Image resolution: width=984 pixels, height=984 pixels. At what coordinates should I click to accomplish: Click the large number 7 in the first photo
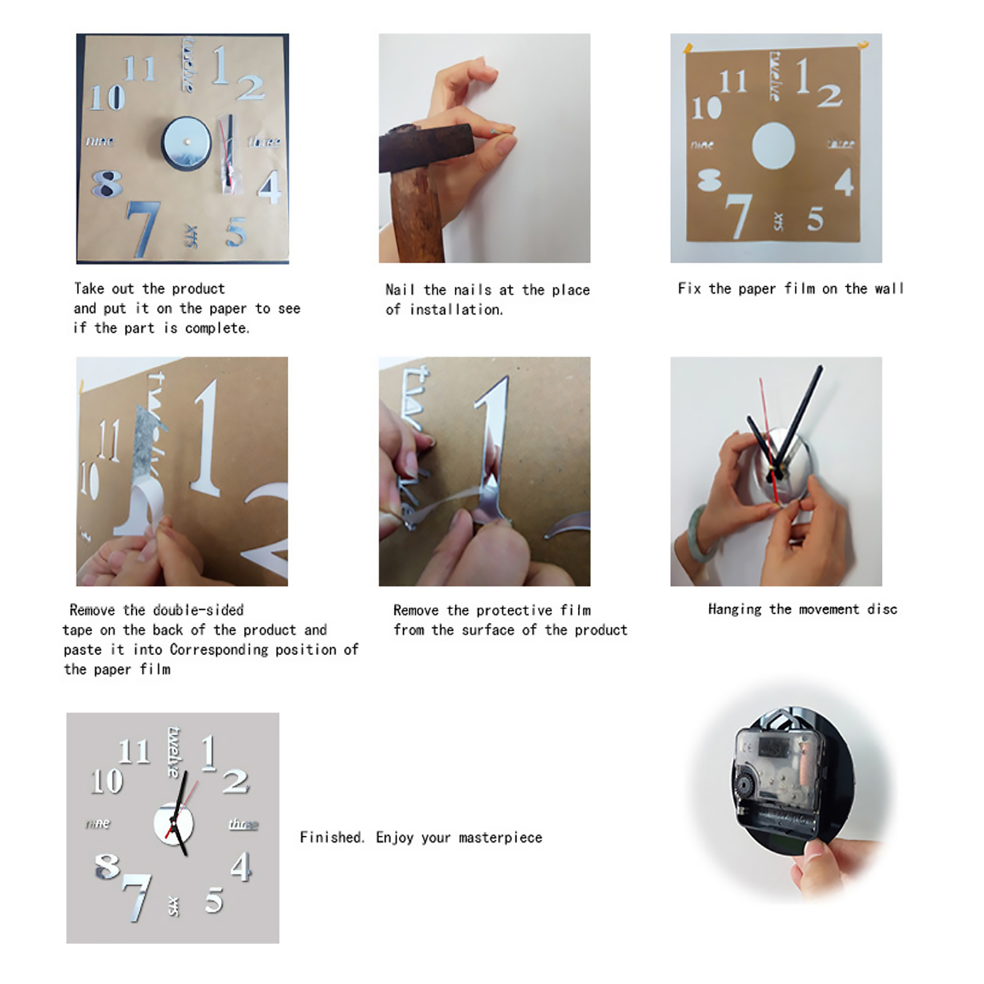pyautogui.click(x=143, y=228)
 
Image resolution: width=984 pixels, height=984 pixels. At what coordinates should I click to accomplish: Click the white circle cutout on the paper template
pyautogui.click(x=773, y=146)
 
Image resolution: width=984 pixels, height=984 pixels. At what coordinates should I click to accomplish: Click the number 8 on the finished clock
pyautogui.click(x=107, y=867)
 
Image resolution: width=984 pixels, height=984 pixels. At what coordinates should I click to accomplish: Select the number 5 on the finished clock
pyautogui.click(x=214, y=900)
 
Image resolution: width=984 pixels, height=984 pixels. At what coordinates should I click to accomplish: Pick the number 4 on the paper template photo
pyautogui.click(x=844, y=182)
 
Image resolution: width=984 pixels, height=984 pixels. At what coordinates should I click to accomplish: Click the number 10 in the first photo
pyautogui.click(x=107, y=98)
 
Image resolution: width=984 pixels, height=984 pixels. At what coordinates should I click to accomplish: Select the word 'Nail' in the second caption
pyautogui.click(x=400, y=290)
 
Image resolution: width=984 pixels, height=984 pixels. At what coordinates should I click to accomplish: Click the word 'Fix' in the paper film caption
pyautogui.click(x=689, y=288)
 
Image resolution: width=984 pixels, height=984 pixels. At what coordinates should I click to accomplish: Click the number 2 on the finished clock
pyautogui.click(x=236, y=782)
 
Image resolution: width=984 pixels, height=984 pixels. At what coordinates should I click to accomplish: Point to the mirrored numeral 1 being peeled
pyautogui.click(x=492, y=449)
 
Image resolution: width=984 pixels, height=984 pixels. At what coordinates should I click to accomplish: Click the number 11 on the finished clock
pyautogui.click(x=134, y=752)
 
